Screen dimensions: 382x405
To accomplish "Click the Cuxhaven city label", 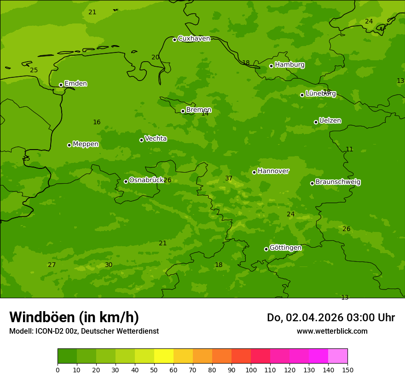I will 194,39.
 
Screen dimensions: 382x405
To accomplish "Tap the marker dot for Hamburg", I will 271,66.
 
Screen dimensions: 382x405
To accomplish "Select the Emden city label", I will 75,84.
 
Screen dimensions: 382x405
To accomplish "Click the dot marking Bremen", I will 183,111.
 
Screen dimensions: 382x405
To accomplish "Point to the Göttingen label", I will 285,248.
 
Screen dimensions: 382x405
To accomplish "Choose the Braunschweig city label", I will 338,182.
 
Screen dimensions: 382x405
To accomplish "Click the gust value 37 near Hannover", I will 229,179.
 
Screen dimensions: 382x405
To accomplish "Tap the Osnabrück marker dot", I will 126,181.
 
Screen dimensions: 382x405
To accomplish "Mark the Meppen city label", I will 86,144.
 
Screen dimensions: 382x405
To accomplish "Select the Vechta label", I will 156,139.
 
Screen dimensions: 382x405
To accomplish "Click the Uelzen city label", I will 330,121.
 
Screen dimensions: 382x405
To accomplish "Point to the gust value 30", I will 109,265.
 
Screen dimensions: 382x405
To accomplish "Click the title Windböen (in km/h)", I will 74,317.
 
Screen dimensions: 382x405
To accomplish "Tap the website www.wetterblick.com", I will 332,331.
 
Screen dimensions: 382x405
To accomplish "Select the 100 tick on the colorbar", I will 251,370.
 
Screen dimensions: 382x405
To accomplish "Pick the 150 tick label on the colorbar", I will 347,370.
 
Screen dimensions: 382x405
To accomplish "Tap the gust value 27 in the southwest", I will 52,265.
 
